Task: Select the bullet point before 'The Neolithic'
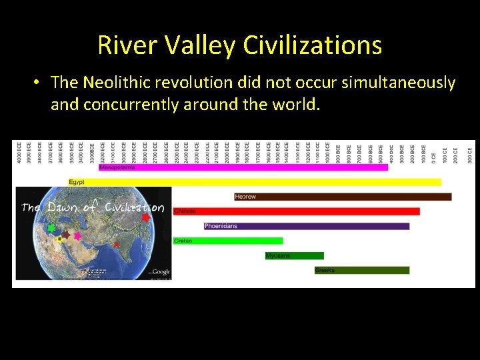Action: tap(37, 83)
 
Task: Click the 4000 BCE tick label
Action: tap(19, 152)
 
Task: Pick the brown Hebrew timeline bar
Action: tap(343, 197)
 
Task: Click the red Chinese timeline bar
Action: tap(297, 211)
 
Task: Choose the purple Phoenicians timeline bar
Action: tap(307, 226)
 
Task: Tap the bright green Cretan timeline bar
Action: tap(228, 241)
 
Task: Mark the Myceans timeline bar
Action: tap(295, 255)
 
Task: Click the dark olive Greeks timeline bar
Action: tap(362, 270)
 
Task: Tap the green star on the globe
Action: tap(51, 228)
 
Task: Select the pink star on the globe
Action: tap(77, 236)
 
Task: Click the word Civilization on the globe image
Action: tap(135, 207)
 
